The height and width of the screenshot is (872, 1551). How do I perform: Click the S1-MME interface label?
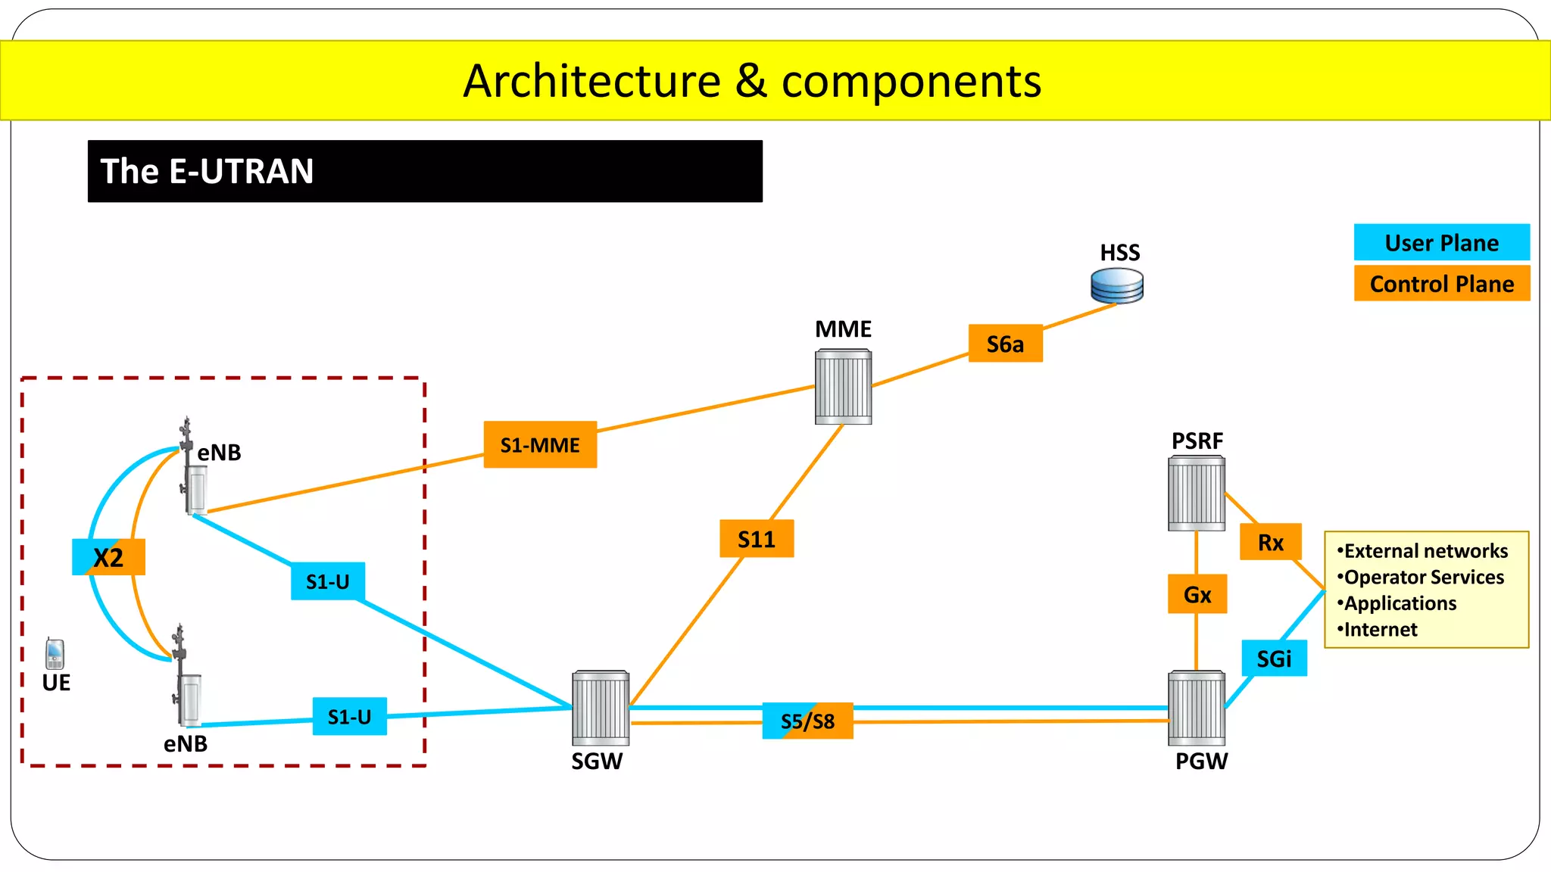pos(540,445)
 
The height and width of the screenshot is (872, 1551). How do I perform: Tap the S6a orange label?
pos(1005,344)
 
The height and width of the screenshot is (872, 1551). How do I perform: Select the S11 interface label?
pos(757,539)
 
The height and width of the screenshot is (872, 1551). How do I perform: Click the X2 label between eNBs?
pos(108,558)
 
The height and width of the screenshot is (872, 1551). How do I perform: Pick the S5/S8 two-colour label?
pos(807,721)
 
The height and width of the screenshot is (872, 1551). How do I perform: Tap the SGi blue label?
pos(1274,659)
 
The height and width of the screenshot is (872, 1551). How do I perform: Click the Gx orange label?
pos(1197,594)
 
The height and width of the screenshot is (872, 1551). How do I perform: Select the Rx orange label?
pos(1270,542)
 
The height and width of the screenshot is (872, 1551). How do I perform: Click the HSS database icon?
pos(1117,286)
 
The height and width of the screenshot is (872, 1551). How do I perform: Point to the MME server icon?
pos(843,387)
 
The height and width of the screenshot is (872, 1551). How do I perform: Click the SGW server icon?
pos(601,708)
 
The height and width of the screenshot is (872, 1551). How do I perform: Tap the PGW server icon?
pos(1197,708)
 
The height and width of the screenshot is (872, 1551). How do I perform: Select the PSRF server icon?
pos(1197,494)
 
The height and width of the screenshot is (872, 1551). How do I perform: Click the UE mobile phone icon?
pos(55,654)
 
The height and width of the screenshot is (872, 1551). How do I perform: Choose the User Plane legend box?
pos(1441,243)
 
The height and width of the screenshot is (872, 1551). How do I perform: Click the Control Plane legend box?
pos(1441,284)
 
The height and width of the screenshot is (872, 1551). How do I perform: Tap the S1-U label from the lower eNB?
pos(349,717)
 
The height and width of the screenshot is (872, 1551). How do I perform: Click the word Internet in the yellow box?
pos(1380,630)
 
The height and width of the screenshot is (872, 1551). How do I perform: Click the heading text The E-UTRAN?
pos(207,171)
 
